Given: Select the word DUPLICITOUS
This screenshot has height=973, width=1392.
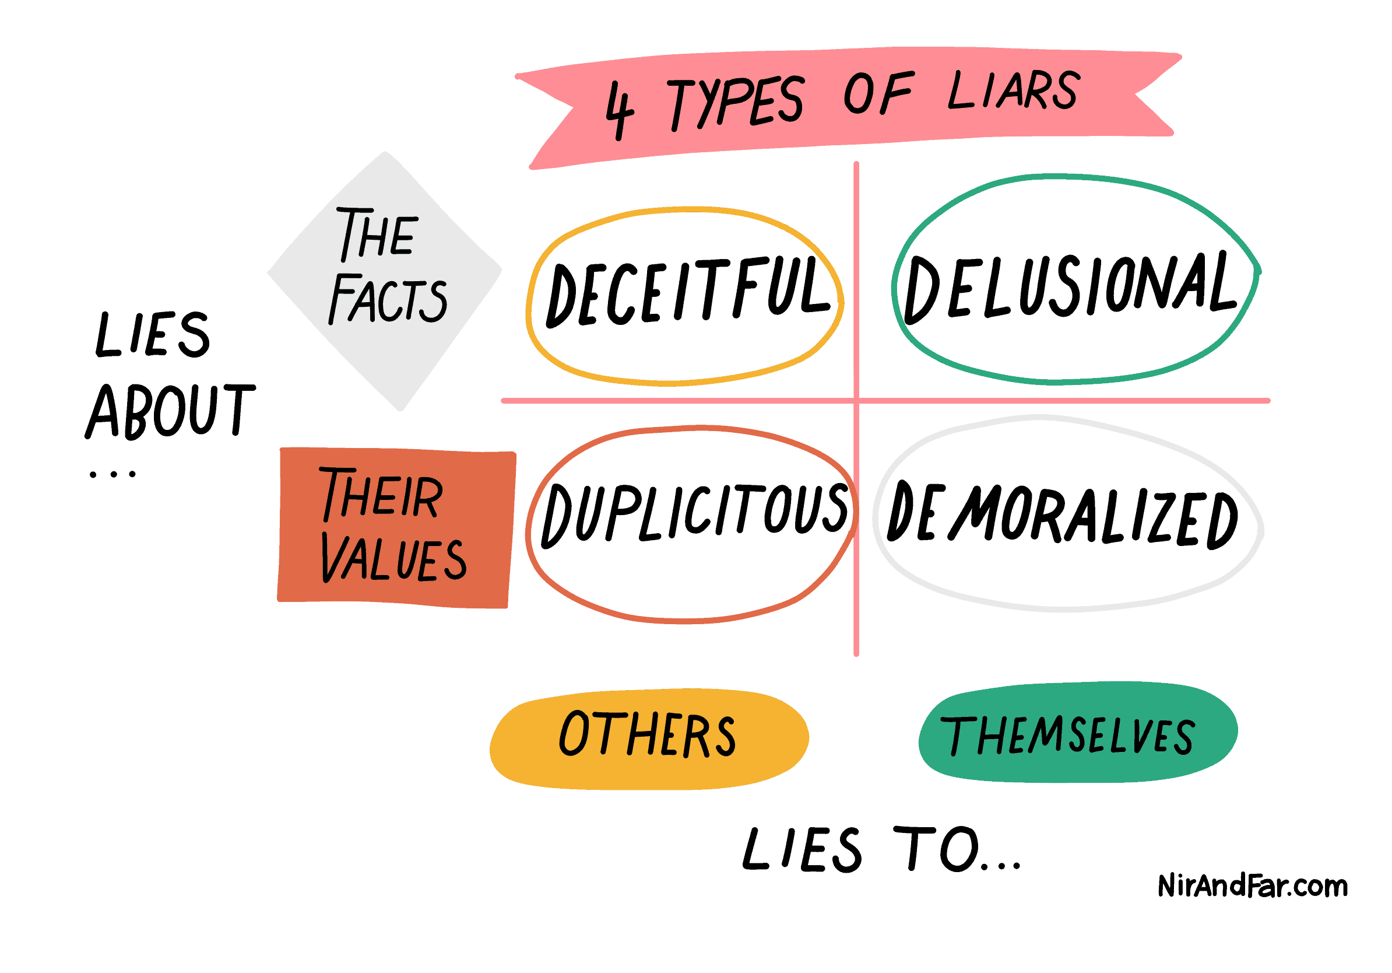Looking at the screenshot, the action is (695, 514).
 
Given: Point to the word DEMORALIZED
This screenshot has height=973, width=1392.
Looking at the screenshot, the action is (1062, 516).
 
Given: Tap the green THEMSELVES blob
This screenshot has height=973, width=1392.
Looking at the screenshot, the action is (1078, 732).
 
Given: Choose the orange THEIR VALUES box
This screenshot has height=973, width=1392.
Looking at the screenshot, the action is (396, 528).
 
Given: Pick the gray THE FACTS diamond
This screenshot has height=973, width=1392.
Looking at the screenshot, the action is (384, 280).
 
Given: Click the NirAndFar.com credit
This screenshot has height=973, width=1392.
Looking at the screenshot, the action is (1253, 886).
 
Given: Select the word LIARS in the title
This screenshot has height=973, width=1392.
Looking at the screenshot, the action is (1014, 91).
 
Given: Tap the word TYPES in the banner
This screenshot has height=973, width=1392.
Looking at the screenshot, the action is (736, 103).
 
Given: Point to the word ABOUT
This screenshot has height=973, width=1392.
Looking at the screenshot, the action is (170, 411).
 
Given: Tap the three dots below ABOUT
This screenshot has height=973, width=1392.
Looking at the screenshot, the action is (113, 474).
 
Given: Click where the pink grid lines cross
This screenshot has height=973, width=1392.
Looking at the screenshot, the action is (856, 400).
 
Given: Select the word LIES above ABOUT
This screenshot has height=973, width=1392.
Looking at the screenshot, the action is (153, 334).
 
